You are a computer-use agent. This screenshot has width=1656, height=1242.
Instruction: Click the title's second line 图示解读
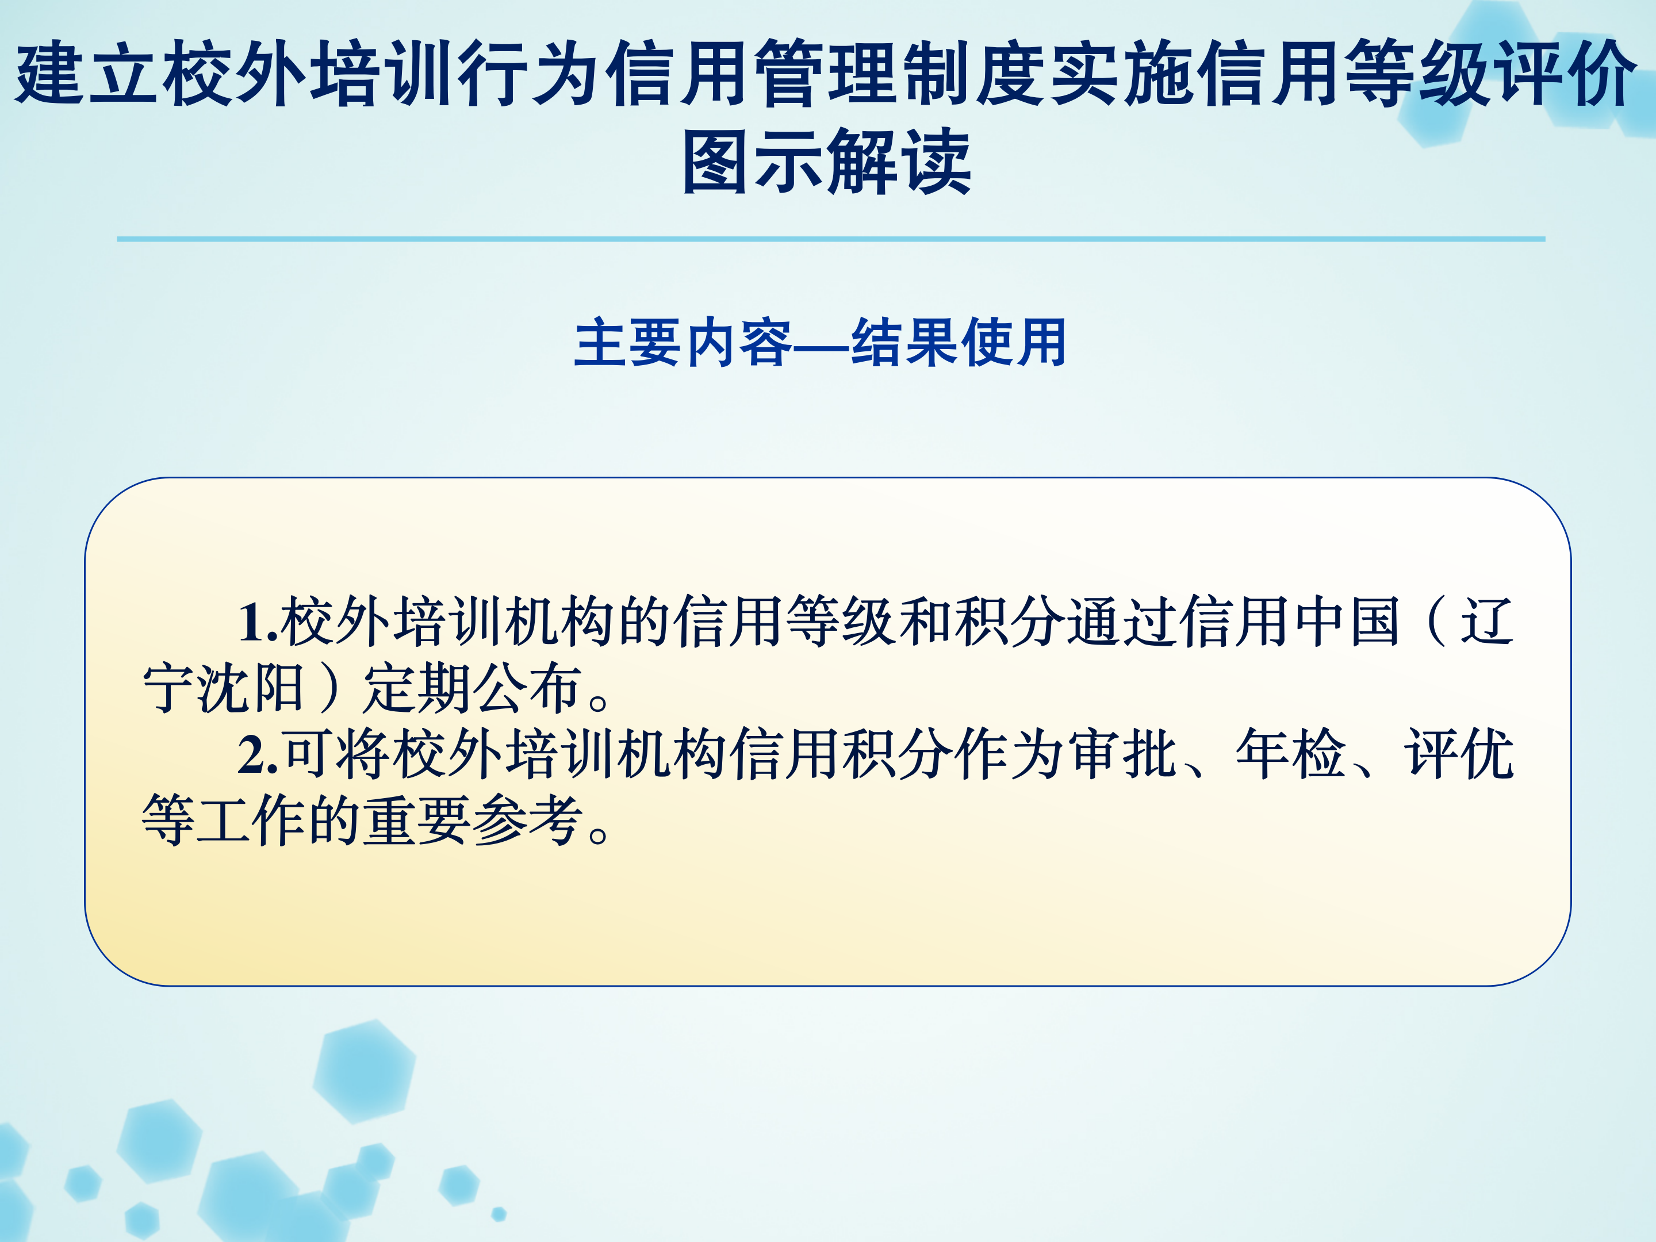pyautogui.click(x=827, y=162)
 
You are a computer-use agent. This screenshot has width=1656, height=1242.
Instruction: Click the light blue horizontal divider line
pyautogui.click(x=831, y=239)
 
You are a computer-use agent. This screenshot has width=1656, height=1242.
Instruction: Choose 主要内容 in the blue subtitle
pyautogui.click(x=683, y=342)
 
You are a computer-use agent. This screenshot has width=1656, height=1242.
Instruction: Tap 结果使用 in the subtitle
pyautogui.click(x=959, y=342)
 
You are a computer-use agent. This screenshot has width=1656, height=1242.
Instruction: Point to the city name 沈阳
pyautogui.click(x=251, y=687)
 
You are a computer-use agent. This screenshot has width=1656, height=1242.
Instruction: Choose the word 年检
pyautogui.click(x=1291, y=753)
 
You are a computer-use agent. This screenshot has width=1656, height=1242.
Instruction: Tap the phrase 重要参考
pyautogui.click(x=473, y=821)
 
